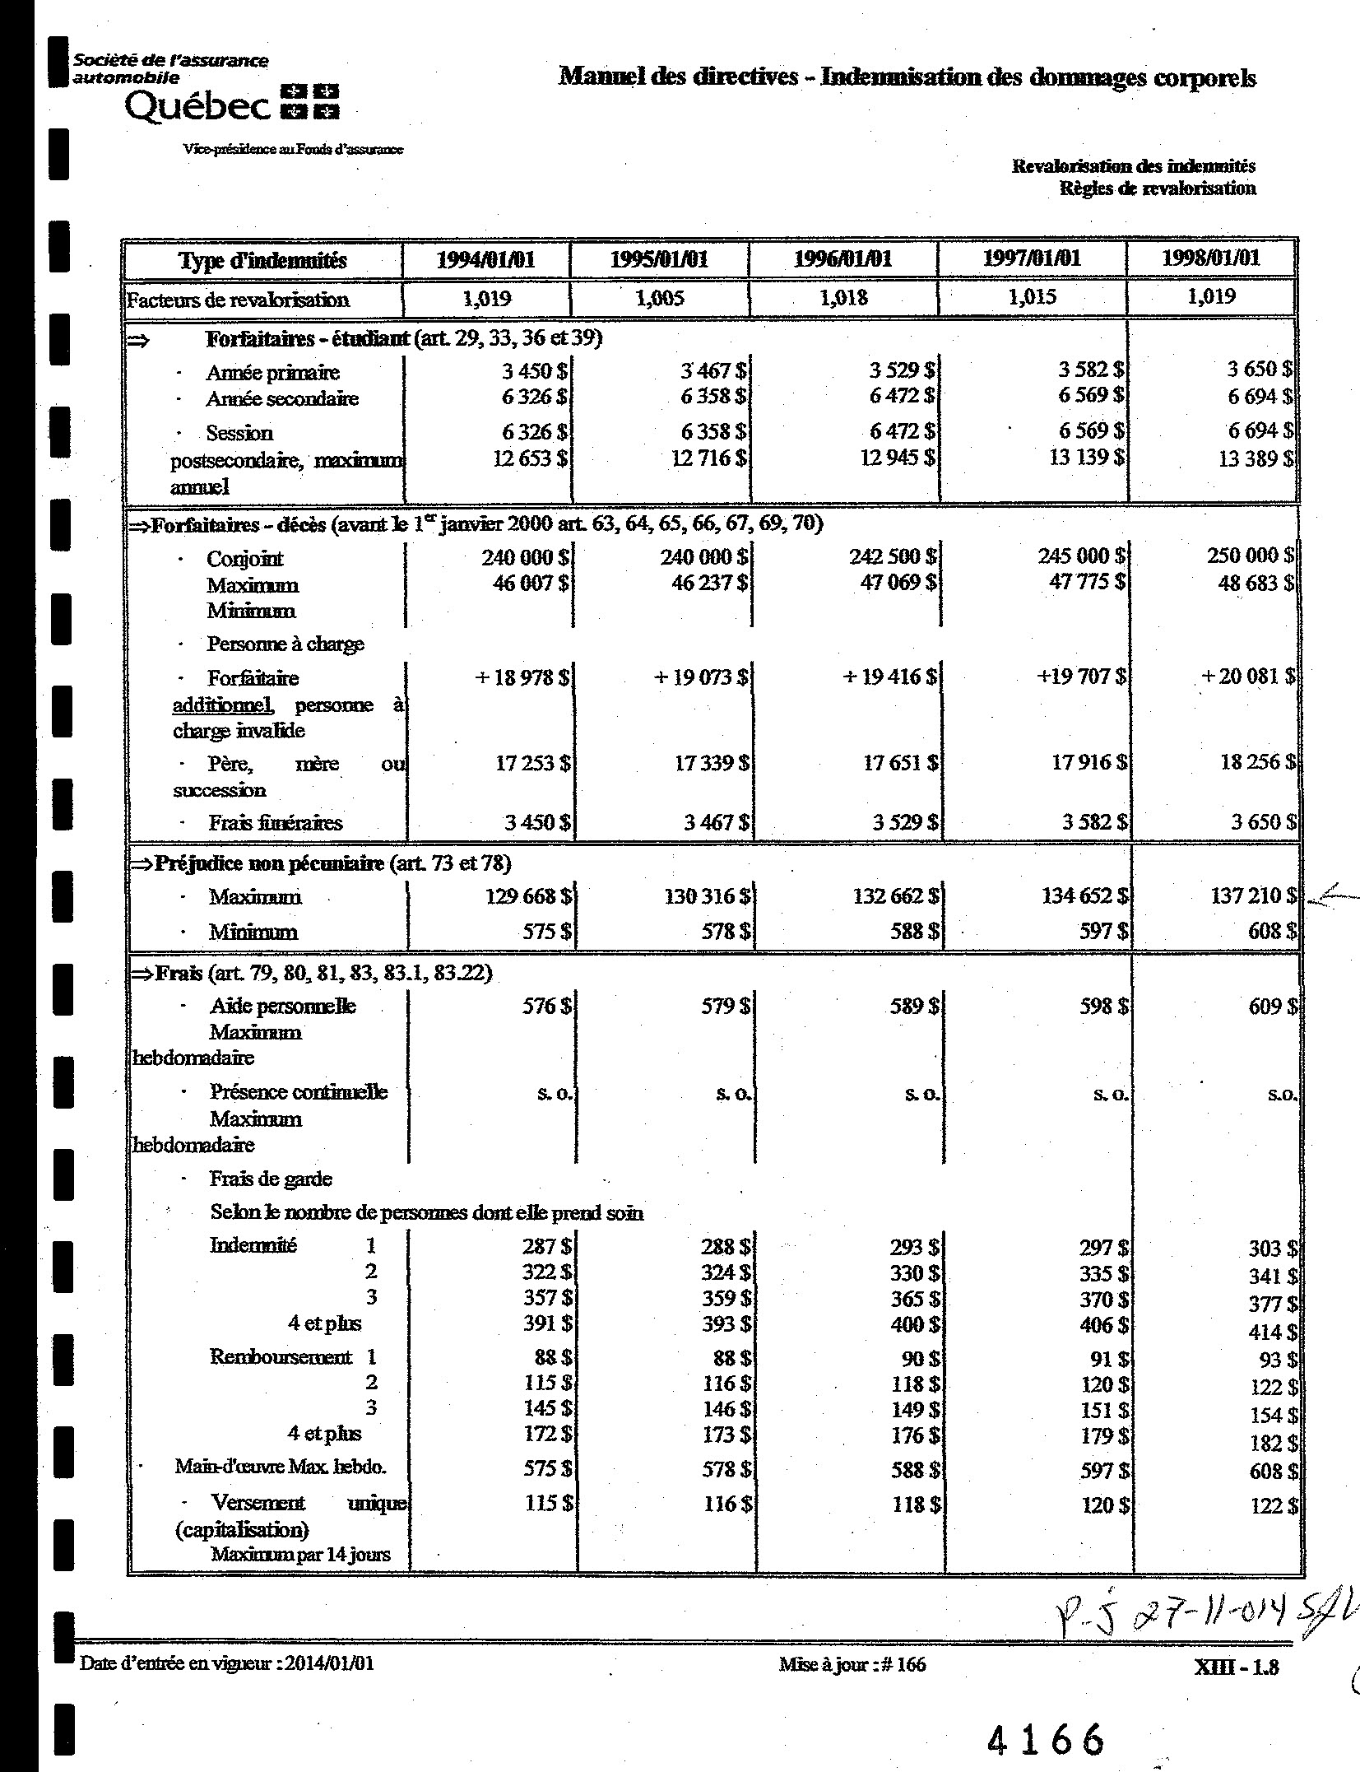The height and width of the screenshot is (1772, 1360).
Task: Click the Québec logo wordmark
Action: [x=197, y=107]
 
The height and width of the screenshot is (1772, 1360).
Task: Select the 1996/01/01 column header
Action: [x=842, y=260]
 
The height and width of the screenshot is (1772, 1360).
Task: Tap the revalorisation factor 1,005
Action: [x=660, y=298]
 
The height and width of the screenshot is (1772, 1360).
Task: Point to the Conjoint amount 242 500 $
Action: [x=892, y=557]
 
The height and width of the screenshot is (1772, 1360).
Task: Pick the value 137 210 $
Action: [x=1251, y=895]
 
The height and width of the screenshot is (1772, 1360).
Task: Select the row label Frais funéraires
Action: [x=275, y=823]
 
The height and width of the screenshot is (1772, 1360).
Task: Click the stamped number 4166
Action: [x=1045, y=1739]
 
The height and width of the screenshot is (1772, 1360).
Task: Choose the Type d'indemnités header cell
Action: [x=262, y=261]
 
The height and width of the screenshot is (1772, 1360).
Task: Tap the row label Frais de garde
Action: [x=270, y=1179]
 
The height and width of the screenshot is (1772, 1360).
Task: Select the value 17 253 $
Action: [x=532, y=764]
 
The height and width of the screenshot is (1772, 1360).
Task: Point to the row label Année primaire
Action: [x=272, y=373]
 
